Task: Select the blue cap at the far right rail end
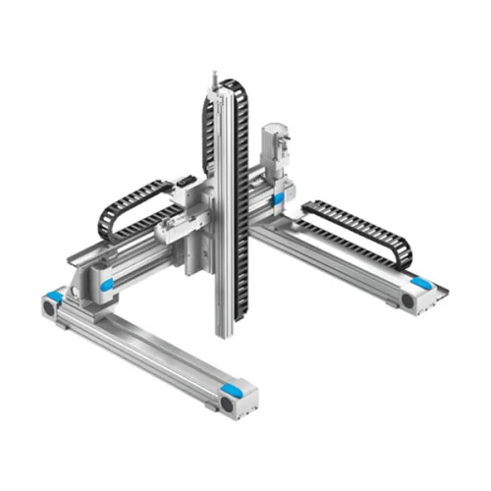click(421, 283)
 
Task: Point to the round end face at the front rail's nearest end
click(227, 404)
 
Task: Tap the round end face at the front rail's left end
click(46, 307)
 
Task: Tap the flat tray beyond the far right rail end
click(436, 292)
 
